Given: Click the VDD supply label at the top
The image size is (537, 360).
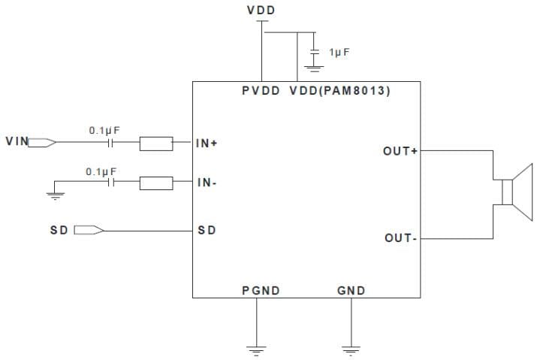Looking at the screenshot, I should click(x=261, y=11).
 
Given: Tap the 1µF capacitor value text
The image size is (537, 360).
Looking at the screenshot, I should click(x=339, y=52).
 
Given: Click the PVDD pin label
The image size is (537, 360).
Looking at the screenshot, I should click(x=261, y=91).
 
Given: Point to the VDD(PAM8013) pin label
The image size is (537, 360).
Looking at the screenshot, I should click(x=339, y=91).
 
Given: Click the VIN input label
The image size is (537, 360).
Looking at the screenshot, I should click(x=17, y=141).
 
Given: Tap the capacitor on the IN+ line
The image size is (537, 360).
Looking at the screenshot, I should click(x=112, y=142).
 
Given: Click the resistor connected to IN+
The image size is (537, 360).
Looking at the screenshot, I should click(x=155, y=142).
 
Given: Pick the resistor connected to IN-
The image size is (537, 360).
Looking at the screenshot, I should click(x=155, y=182).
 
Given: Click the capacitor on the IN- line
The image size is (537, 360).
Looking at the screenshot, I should click(x=112, y=182).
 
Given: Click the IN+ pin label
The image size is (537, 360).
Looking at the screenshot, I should click(x=207, y=143).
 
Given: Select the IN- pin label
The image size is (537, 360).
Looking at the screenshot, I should click(x=207, y=183).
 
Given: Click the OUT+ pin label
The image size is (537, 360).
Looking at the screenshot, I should click(x=400, y=152).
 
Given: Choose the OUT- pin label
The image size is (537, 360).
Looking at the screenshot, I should click(x=400, y=238).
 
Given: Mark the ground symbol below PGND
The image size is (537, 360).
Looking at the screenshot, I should click(x=257, y=348).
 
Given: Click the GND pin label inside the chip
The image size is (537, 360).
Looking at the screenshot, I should click(x=351, y=290).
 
